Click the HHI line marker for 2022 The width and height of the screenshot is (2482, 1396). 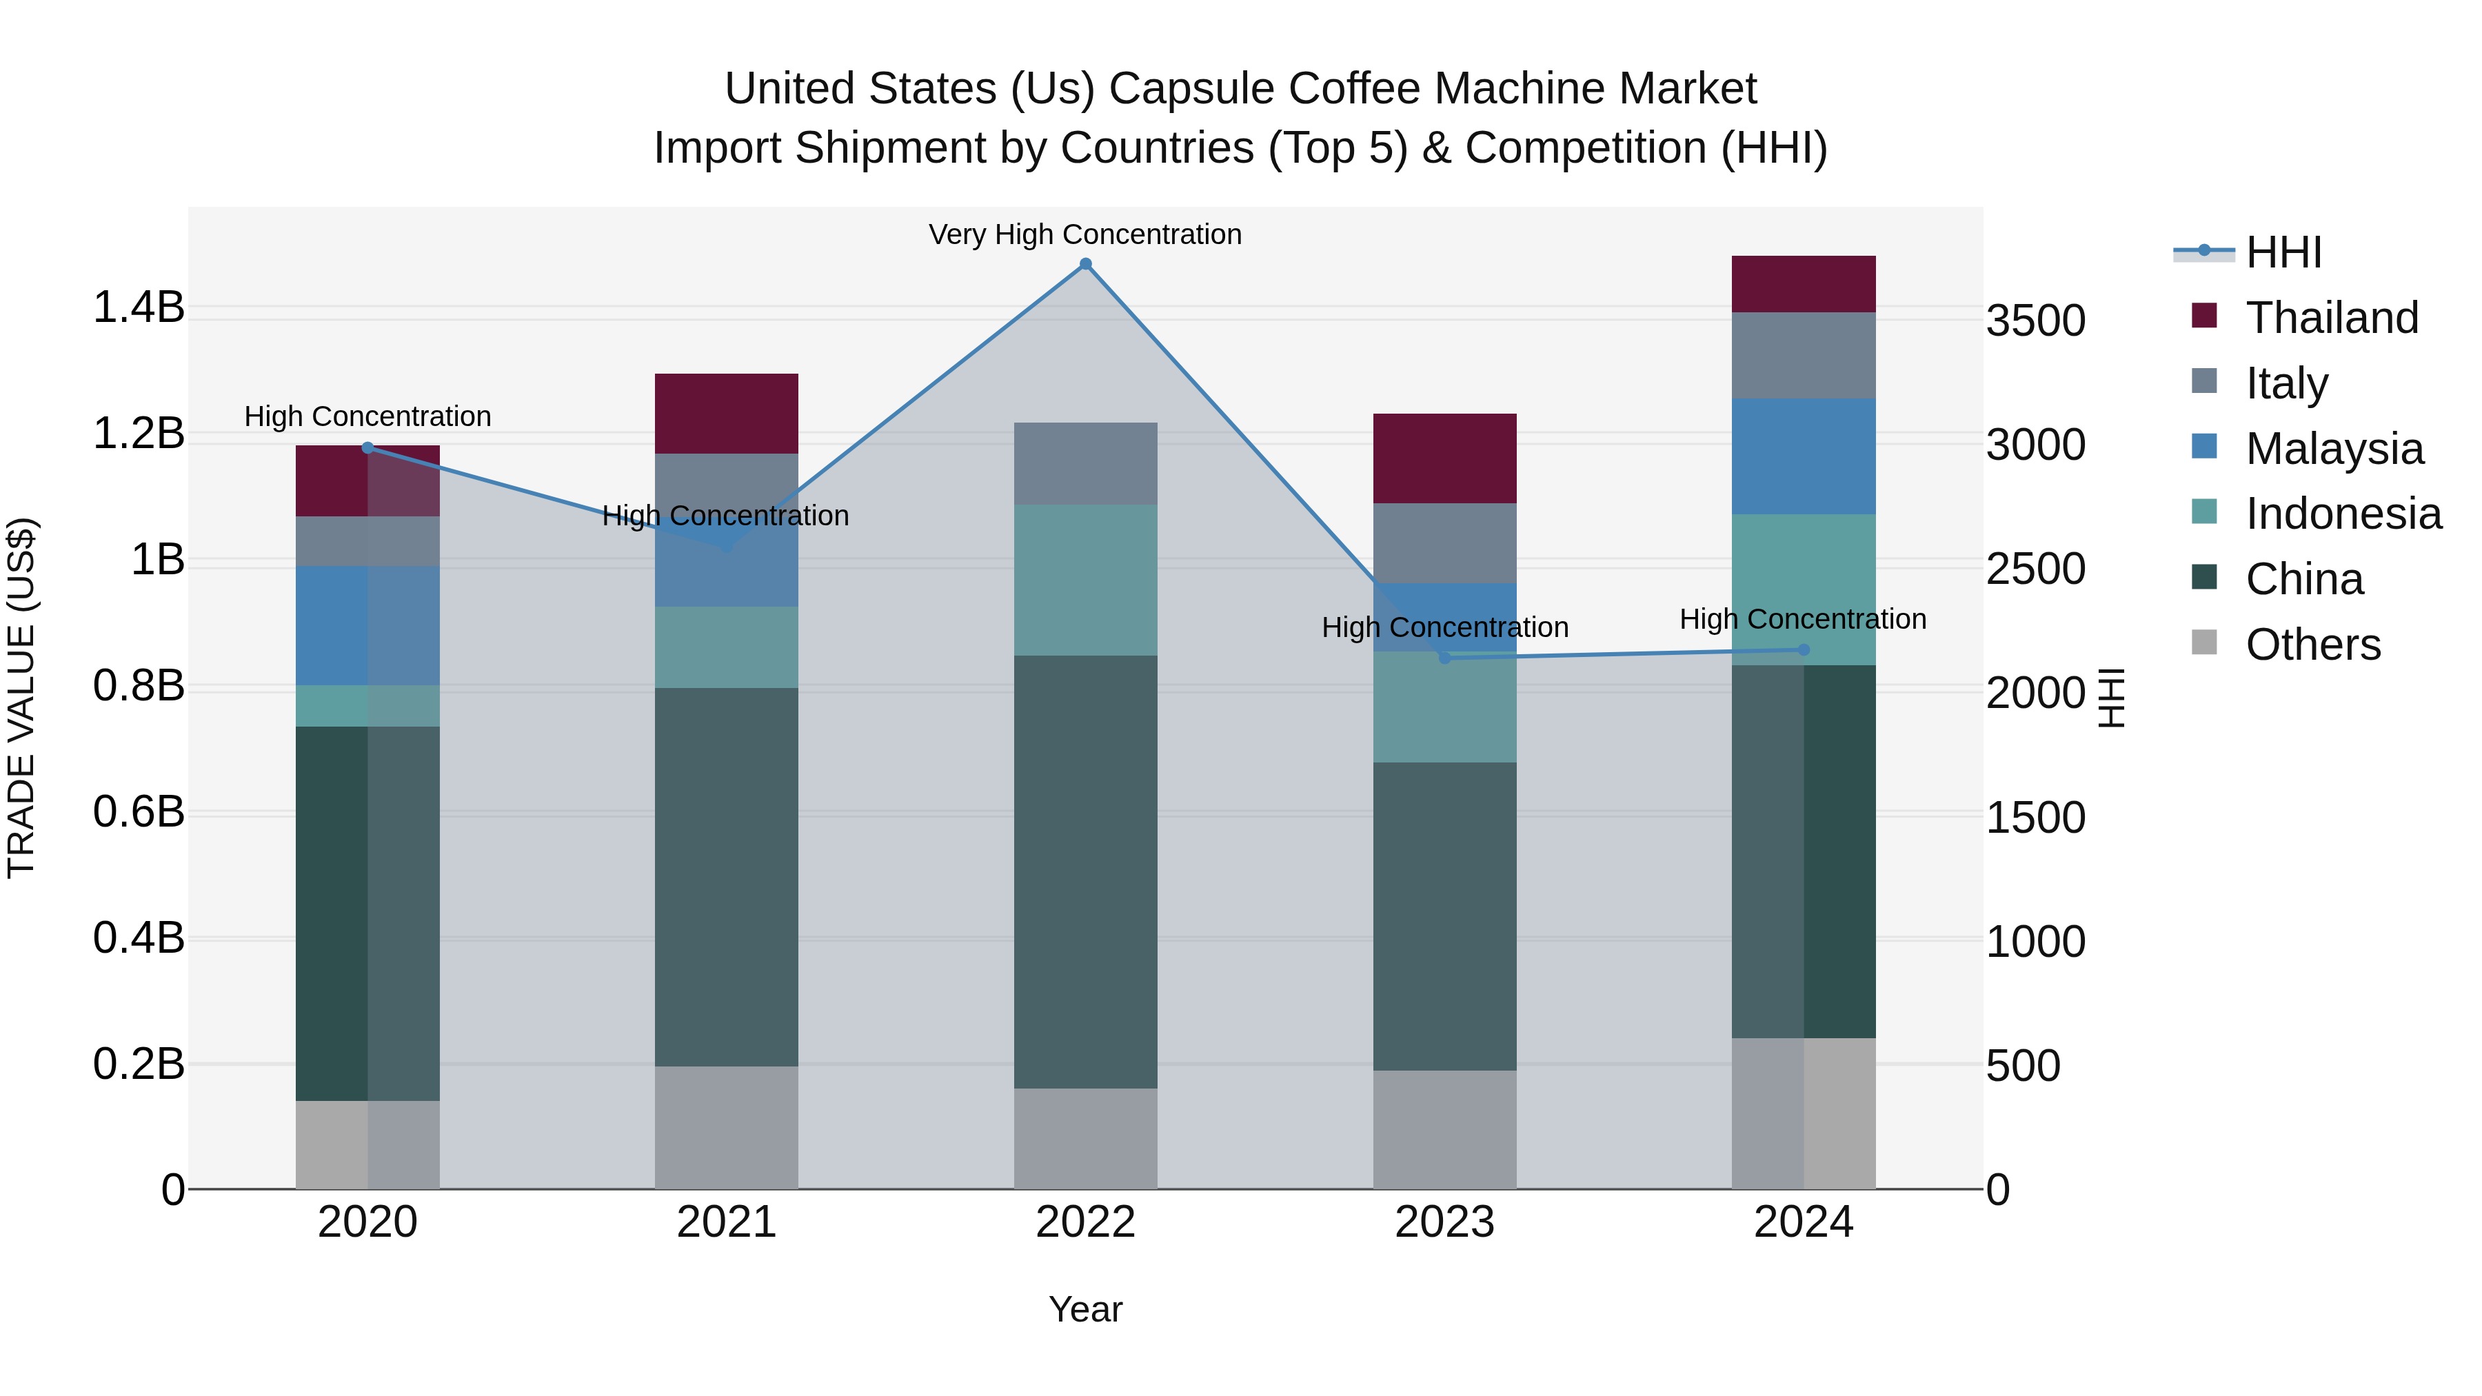coord(1085,264)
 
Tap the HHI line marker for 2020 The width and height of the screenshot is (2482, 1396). coord(367,447)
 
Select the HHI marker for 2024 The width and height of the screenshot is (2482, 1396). coord(1804,650)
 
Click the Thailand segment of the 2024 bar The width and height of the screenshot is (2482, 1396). coord(1803,284)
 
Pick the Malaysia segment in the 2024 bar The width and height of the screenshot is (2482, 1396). coord(1803,456)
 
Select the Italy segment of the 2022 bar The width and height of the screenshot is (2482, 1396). coord(1085,463)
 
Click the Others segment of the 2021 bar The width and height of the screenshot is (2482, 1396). coord(727,1127)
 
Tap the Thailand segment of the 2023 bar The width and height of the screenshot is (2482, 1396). coord(1444,458)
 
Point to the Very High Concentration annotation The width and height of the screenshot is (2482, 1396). coord(1085,234)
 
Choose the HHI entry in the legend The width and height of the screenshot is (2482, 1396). coord(2283,252)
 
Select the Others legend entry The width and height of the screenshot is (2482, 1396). coord(2312,645)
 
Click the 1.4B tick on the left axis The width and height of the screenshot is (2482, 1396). coord(139,307)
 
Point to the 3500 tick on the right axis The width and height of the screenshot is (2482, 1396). coord(2035,321)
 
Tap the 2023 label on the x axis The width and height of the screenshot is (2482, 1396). coord(1444,1222)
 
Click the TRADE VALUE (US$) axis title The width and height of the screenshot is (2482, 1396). coord(21,698)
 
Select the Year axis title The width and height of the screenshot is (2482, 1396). coord(1085,1309)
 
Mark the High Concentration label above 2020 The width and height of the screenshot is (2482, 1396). coord(367,416)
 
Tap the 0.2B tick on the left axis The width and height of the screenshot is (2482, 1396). coord(139,1064)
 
